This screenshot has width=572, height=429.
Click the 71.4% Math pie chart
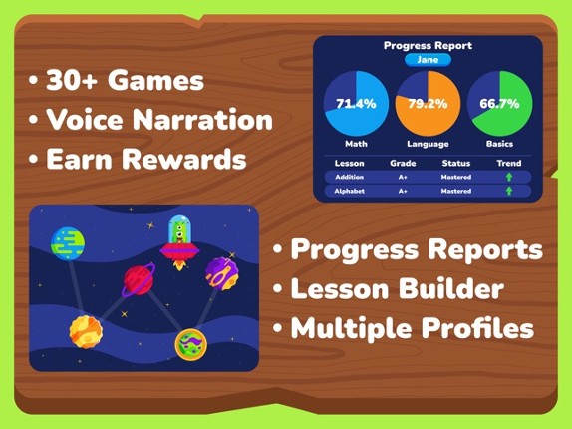(x=356, y=103)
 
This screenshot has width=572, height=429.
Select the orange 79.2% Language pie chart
(x=428, y=103)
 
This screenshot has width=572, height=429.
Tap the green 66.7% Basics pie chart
(x=499, y=103)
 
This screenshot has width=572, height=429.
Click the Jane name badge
(x=428, y=60)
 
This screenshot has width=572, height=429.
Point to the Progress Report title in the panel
(x=428, y=45)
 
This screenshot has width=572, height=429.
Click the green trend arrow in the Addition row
(x=509, y=178)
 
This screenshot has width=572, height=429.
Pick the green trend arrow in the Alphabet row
(x=509, y=191)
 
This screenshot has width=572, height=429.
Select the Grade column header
(x=403, y=163)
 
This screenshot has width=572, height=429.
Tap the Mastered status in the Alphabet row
(x=455, y=191)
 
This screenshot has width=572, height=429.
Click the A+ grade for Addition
(x=403, y=178)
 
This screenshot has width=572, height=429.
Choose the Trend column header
(x=509, y=163)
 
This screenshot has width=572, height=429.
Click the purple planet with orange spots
(x=221, y=272)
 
